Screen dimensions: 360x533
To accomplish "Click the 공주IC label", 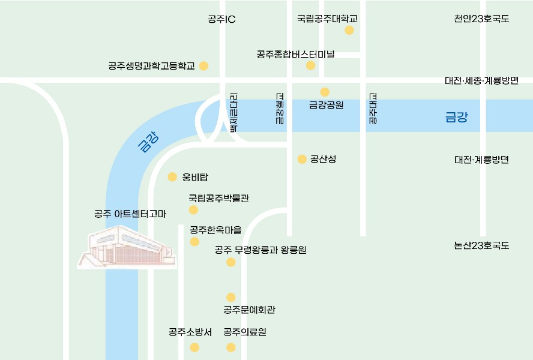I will [221, 19].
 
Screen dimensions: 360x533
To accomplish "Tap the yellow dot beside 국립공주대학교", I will [349, 30].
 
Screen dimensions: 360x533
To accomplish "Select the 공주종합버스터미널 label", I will [295, 55].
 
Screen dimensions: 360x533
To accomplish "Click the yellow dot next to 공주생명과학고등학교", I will [203, 66].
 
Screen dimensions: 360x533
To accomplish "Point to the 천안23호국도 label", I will [481, 19].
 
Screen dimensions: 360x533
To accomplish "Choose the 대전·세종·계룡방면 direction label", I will [481, 80].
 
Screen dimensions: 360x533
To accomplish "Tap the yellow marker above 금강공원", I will [325, 92].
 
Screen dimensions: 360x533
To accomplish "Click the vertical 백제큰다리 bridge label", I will [234, 112].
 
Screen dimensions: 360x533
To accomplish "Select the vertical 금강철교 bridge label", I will [279, 109].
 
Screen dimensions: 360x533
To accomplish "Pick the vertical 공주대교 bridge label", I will [373, 109].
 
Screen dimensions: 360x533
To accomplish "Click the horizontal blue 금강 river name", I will [456, 118].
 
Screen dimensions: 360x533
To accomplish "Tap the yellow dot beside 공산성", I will [302, 159].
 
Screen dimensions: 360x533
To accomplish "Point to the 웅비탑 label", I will [194, 177].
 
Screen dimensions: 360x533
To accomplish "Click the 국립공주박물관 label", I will [218, 197].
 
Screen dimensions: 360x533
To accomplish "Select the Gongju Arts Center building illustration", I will [127, 247].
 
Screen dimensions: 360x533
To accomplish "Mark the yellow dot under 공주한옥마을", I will [194, 241].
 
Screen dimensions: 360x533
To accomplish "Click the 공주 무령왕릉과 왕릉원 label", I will [260, 250].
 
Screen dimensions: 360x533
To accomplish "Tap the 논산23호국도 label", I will [481, 245].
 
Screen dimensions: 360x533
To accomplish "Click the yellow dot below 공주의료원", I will [231, 347].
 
